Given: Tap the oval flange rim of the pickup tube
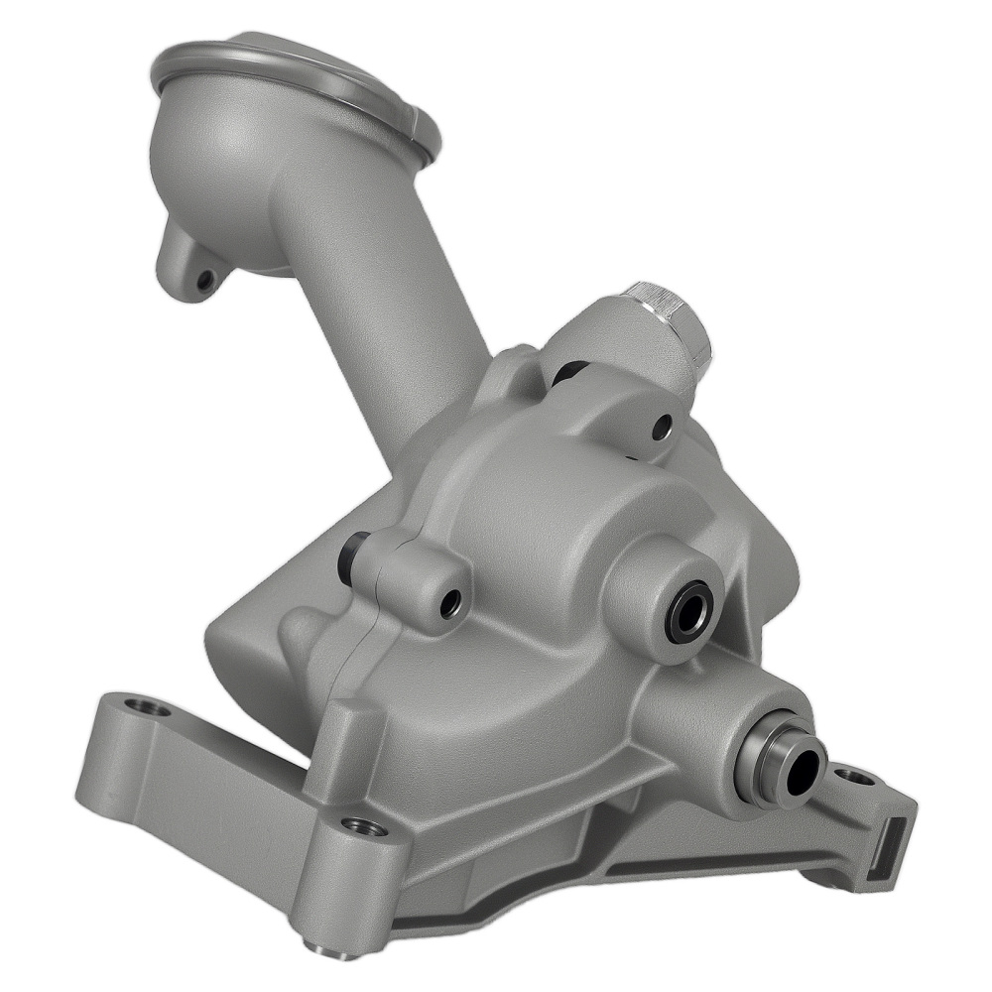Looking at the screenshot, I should coord(298,74).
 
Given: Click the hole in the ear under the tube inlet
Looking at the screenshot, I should coord(205,281).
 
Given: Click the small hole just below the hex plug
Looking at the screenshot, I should coord(662,428).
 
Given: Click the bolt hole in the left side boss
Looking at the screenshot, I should coord(451,600).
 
